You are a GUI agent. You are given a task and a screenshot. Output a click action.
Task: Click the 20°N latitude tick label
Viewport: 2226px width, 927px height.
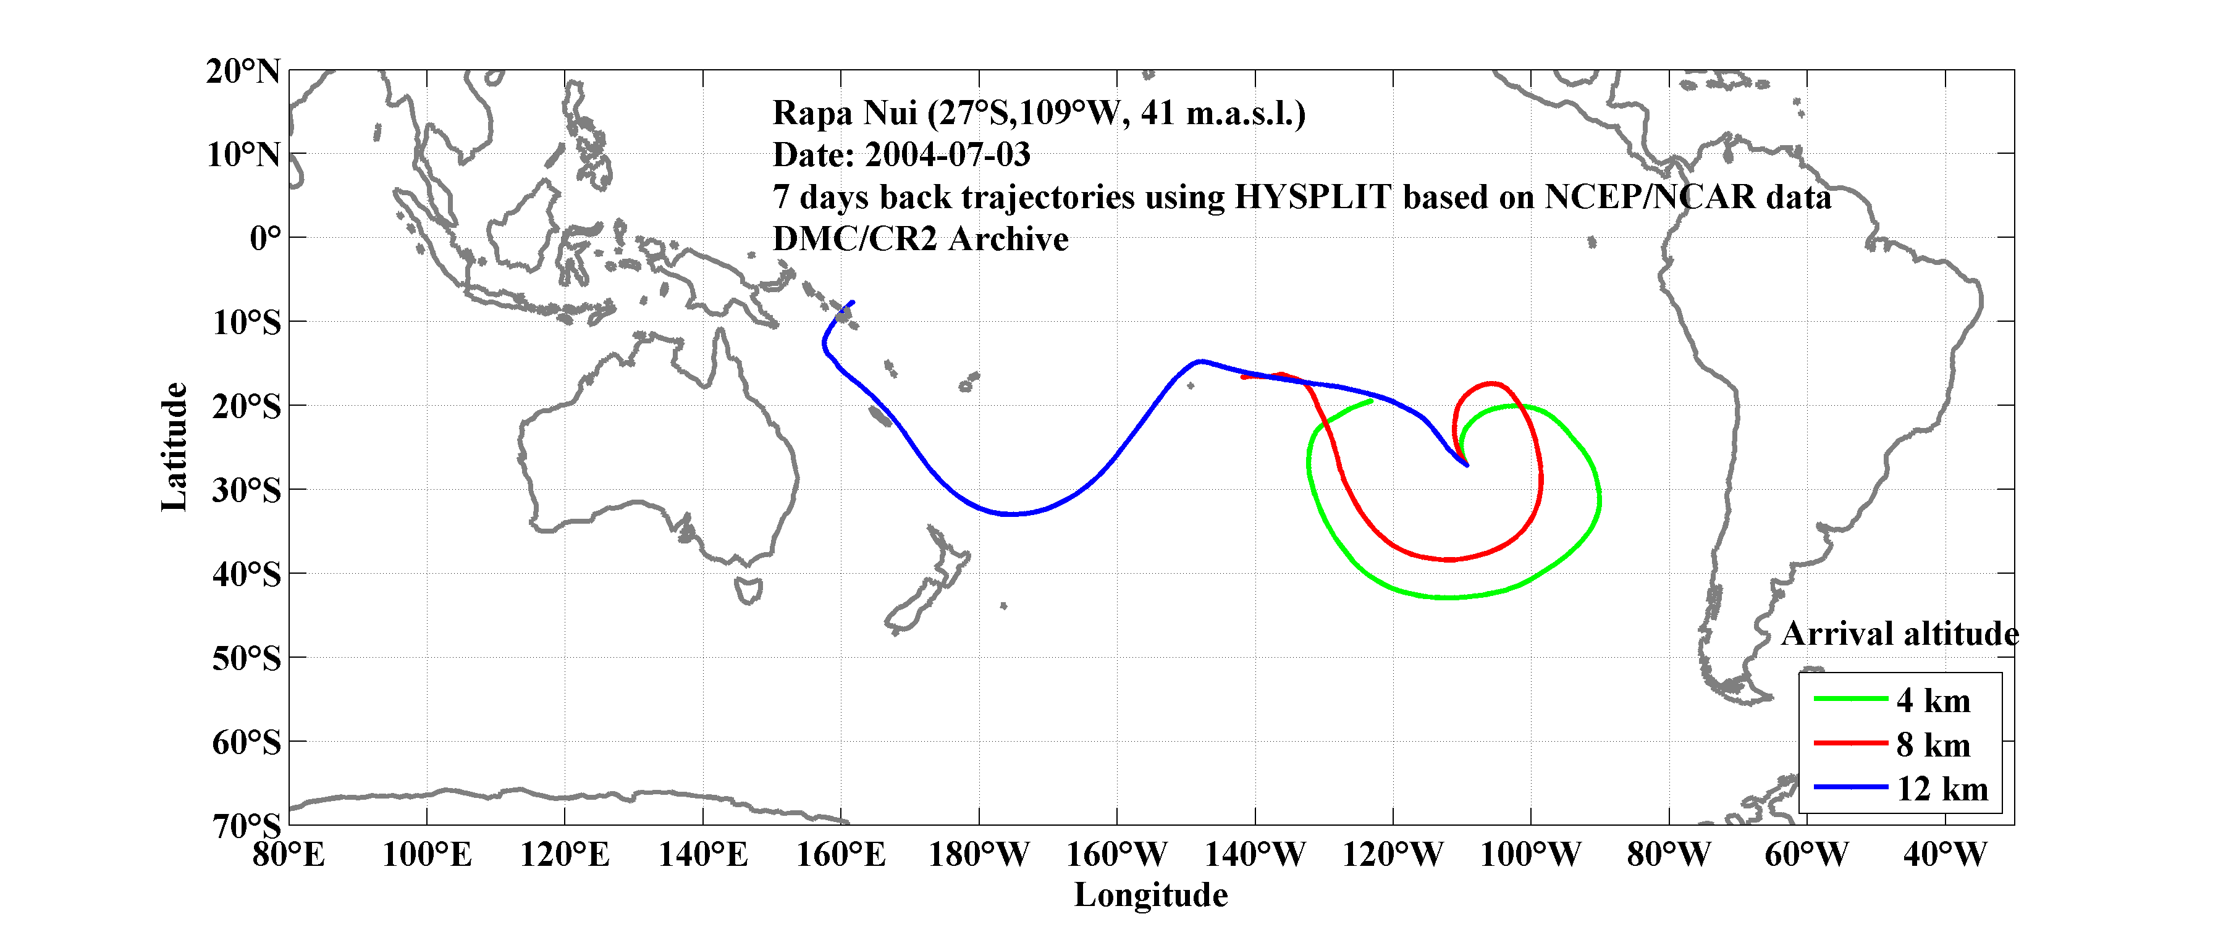click(243, 72)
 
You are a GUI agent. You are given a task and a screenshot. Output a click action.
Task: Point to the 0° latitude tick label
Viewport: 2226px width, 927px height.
click(265, 238)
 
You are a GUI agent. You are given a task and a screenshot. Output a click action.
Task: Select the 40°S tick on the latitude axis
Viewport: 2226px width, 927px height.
click(247, 574)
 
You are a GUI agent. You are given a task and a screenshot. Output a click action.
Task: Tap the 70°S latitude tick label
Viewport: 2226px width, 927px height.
click(247, 826)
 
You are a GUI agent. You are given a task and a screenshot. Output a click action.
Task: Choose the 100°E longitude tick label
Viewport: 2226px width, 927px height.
click(427, 855)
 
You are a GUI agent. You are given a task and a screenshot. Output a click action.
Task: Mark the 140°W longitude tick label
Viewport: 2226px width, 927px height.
click(1255, 855)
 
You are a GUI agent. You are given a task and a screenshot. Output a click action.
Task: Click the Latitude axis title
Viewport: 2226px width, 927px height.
click(175, 447)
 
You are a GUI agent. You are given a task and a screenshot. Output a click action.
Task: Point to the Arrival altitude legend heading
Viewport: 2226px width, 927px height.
click(1899, 635)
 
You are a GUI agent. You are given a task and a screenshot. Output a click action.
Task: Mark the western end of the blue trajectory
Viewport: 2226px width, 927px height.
click(853, 303)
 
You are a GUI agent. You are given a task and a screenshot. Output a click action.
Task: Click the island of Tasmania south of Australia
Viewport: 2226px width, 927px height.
click(748, 591)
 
